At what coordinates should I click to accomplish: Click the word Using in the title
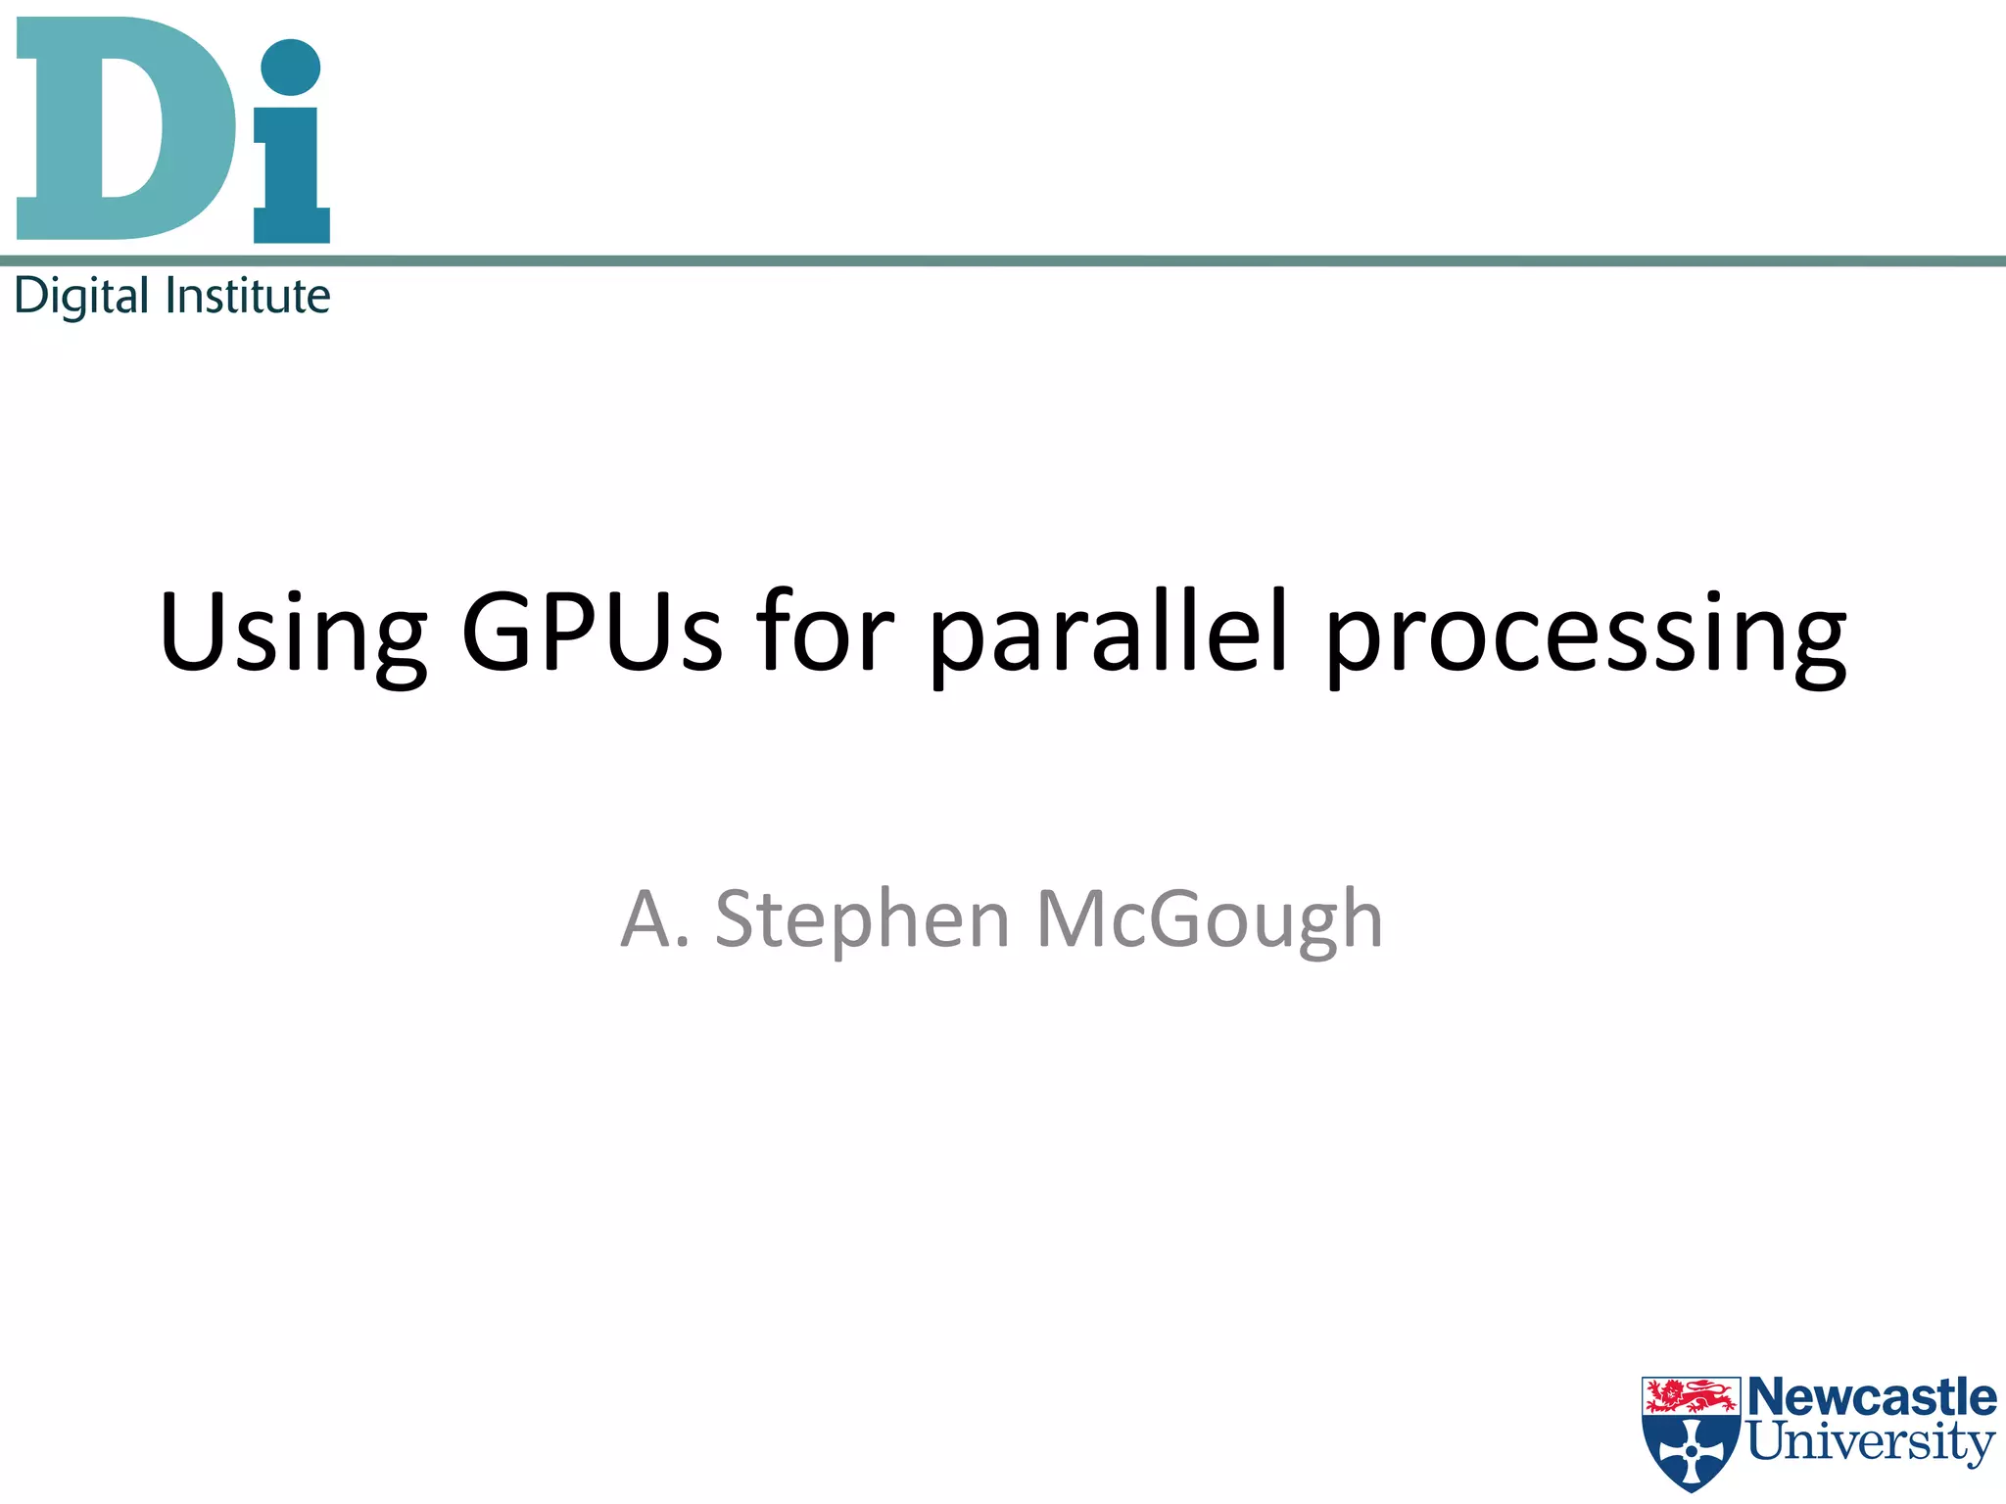click(292, 634)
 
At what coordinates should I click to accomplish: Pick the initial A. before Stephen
click(653, 919)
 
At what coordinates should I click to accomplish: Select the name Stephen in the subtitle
click(862, 921)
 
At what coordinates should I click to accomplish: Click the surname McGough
click(1209, 921)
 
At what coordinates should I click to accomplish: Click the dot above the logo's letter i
click(291, 68)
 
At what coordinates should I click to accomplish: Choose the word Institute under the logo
click(248, 296)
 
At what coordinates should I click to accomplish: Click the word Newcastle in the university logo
click(1872, 1397)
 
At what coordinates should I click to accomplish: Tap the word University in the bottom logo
click(1872, 1442)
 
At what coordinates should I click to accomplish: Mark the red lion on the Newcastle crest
click(1692, 1394)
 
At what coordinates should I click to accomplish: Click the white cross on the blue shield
click(1692, 1450)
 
